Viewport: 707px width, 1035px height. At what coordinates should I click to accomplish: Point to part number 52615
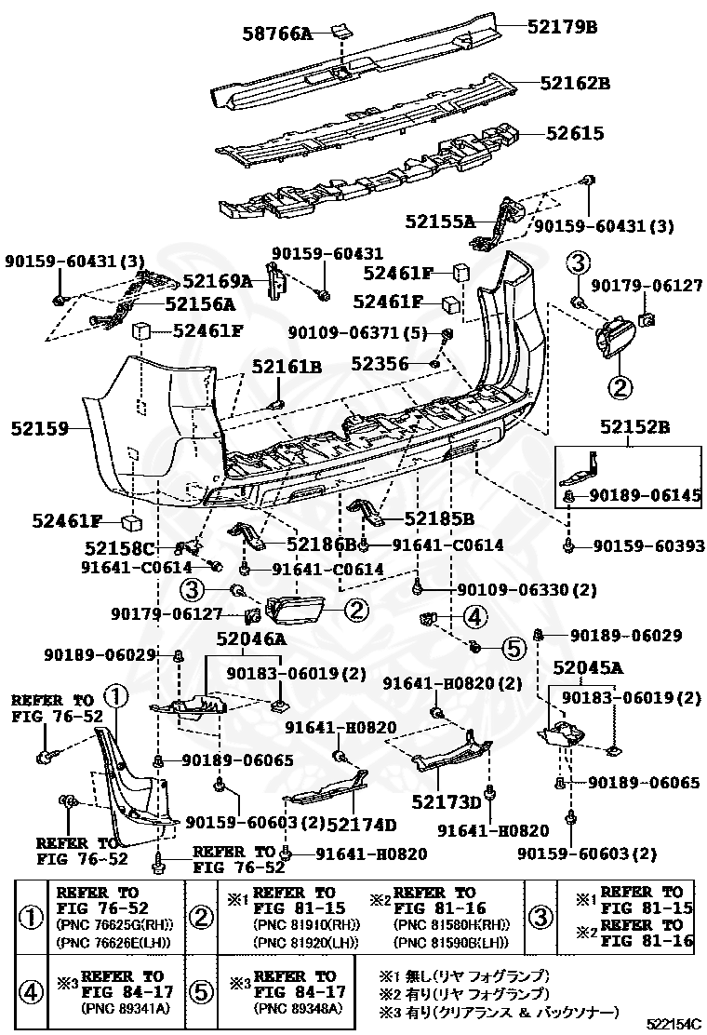click(575, 134)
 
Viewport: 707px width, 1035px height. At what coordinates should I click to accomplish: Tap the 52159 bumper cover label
click(40, 429)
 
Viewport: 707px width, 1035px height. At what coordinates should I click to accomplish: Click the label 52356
click(380, 363)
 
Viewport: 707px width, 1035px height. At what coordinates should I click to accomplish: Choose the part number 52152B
click(634, 426)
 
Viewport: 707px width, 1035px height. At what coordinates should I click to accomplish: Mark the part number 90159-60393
click(648, 545)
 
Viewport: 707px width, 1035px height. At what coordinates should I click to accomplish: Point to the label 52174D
click(362, 824)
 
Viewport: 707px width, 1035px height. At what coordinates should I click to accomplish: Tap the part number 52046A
click(251, 639)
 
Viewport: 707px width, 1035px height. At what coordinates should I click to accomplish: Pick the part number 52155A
click(439, 221)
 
